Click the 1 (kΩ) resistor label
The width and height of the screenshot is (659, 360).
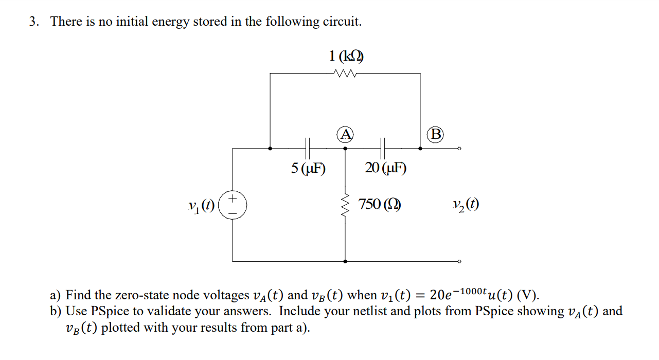coord(346,56)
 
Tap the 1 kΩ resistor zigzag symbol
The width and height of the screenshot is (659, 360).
coord(345,73)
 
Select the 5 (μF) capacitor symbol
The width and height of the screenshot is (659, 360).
coord(308,148)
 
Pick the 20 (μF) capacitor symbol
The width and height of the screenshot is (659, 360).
coord(383,148)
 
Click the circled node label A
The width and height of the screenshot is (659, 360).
coord(346,135)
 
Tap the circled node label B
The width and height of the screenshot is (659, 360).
coord(436,135)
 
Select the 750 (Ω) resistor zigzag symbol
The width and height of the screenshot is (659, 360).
coord(345,204)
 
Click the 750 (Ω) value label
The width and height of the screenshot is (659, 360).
coord(380,204)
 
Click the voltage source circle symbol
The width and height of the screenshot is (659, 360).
coord(233,204)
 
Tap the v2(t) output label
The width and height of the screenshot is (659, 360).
coord(466,205)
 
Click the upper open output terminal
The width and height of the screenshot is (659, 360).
coord(459,148)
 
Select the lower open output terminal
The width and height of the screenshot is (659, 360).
coord(459,261)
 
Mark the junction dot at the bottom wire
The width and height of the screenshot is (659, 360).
coord(345,261)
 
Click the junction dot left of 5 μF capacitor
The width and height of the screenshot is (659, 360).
coord(271,148)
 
